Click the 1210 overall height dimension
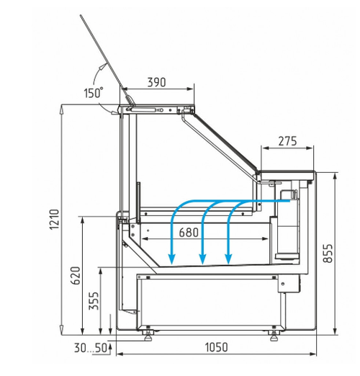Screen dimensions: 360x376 (54, 220)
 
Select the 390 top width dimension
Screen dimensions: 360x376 (156, 82)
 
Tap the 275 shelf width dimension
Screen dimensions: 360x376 (287, 141)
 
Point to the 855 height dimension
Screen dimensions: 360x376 (328, 254)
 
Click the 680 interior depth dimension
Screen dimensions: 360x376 (189, 233)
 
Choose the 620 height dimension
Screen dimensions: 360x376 (76, 275)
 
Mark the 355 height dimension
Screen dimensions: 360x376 (94, 300)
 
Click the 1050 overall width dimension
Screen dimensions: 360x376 (216, 347)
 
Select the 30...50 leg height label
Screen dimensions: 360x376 (90, 348)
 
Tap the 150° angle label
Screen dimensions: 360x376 (94, 93)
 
